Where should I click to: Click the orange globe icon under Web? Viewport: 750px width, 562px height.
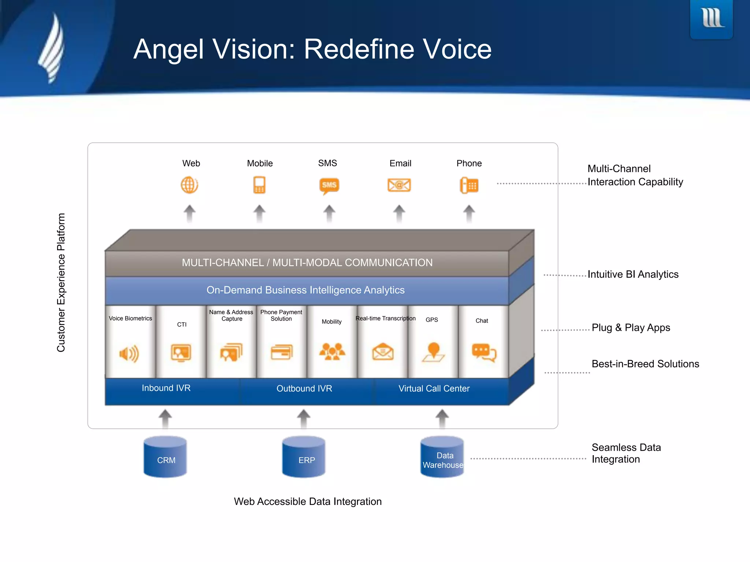click(x=189, y=185)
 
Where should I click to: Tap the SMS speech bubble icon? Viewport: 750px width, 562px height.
click(x=329, y=186)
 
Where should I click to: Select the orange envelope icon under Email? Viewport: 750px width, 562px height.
click(x=399, y=185)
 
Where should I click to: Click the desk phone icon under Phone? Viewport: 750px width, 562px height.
click(x=469, y=185)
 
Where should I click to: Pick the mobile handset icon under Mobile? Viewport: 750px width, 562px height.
click(x=259, y=185)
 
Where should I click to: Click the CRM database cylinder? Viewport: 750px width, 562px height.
click(x=166, y=457)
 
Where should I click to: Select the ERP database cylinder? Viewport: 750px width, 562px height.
click(x=304, y=457)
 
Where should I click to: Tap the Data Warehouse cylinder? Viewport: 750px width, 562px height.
click(x=442, y=457)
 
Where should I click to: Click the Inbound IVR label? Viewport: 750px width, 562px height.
click(x=166, y=388)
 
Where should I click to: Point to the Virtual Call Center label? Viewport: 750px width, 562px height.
click(x=434, y=389)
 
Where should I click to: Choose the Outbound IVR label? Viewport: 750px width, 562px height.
click(x=304, y=389)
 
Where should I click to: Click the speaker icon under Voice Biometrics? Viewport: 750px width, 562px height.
click(x=129, y=353)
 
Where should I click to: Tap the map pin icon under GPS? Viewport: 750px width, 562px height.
click(x=433, y=352)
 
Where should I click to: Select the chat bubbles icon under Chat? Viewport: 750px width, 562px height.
click(x=484, y=352)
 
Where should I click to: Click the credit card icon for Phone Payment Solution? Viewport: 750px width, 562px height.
click(x=282, y=352)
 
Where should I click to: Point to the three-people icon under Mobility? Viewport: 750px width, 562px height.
click(x=332, y=352)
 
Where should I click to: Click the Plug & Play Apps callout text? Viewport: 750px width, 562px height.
click(x=631, y=328)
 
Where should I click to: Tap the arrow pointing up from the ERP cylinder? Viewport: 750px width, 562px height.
click(x=304, y=419)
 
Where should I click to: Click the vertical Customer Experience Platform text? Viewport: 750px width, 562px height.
click(x=61, y=282)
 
